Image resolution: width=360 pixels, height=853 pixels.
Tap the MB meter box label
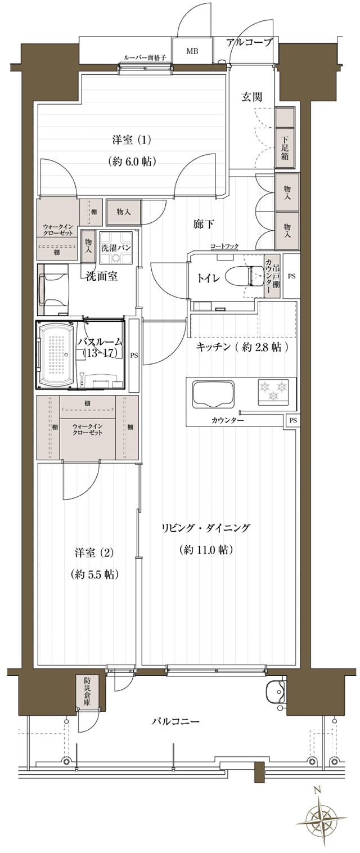click(192, 51)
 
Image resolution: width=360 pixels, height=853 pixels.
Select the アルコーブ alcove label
click(250, 43)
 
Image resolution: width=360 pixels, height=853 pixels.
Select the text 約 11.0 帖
click(206, 550)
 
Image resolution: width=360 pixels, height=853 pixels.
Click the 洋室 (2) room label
click(94, 553)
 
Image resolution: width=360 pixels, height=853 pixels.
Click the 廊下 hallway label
click(203, 225)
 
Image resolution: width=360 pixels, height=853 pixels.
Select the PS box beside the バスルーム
click(134, 355)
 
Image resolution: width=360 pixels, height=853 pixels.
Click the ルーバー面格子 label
click(145, 57)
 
